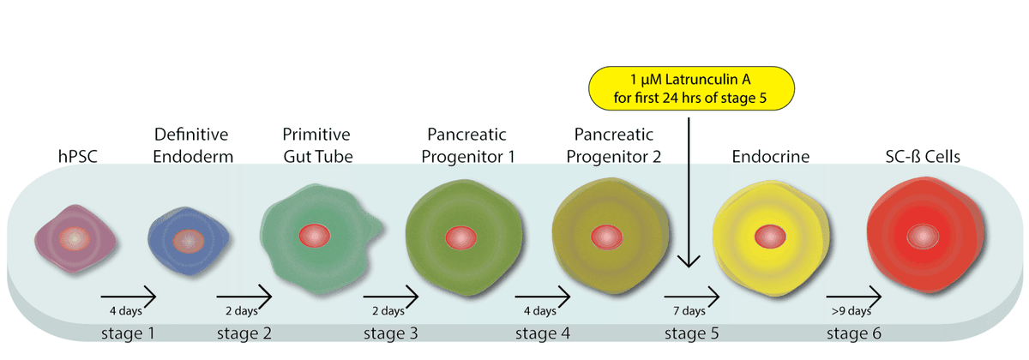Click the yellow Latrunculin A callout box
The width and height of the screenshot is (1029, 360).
point(691,88)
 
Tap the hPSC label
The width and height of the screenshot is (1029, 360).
point(78,157)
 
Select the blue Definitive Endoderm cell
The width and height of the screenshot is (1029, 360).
point(188,241)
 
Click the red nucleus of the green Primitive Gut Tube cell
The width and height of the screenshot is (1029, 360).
point(314,236)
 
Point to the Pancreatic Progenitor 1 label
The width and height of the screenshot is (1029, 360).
point(467,146)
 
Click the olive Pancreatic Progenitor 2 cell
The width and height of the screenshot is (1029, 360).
point(611,237)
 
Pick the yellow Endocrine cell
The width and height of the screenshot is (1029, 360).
point(771,237)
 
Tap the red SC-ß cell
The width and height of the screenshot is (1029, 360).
point(924,235)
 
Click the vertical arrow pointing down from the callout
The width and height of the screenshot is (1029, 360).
point(689,192)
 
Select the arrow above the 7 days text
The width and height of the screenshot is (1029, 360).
point(691,297)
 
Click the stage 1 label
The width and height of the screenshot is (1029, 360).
point(128,333)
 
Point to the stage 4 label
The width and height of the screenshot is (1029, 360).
point(543,333)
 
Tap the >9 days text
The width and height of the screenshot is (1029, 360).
point(851,311)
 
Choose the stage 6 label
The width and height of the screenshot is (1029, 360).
point(854,333)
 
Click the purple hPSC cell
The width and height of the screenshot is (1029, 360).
point(75,239)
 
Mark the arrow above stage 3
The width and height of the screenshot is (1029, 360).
point(390,297)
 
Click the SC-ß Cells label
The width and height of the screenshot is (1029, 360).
point(923,157)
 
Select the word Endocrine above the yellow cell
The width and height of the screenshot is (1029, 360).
point(770,157)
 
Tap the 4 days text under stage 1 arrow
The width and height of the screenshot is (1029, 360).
point(126,311)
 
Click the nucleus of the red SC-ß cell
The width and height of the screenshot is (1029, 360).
point(923,237)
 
